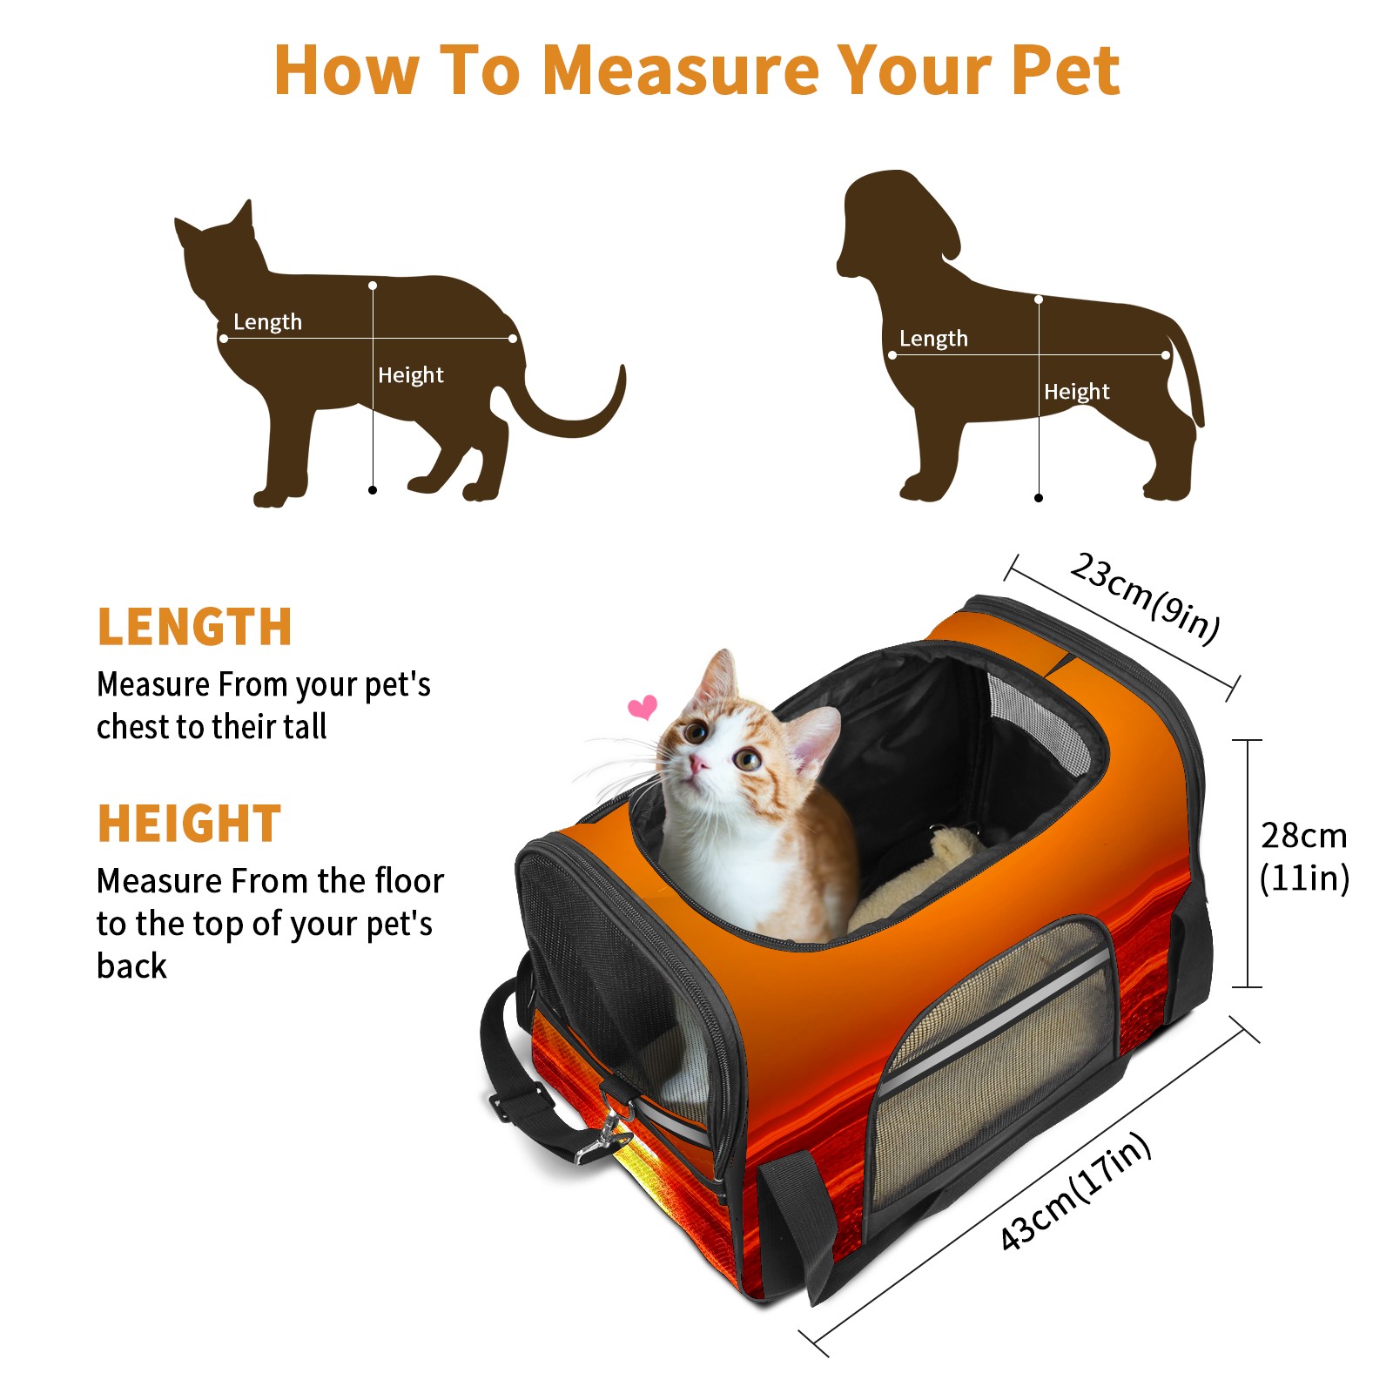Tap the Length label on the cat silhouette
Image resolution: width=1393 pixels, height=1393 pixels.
[x=267, y=322]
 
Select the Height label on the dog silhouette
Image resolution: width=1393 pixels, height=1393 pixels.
[x=1077, y=392]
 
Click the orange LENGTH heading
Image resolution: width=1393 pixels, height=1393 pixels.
[x=194, y=627]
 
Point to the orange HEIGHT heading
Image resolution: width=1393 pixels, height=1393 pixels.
[x=190, y=824]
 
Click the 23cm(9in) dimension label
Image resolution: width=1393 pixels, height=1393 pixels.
[x=1145, y=598]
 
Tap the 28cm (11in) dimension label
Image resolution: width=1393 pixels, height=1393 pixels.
[x=1304, y=857]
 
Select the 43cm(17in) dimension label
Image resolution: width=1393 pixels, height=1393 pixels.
[x=1076, y=1191]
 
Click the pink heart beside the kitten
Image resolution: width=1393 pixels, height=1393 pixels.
[x=643, y=707]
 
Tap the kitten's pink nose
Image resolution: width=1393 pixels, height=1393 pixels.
[x=698, y=764]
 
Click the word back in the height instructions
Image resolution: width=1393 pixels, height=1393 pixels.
[x=131, y=966]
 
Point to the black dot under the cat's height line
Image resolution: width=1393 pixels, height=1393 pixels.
[x=373, y=490]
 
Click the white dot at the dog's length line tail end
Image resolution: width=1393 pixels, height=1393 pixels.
[x=1166, y=355]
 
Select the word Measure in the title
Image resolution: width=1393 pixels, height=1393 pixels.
[x=681, y=70]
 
